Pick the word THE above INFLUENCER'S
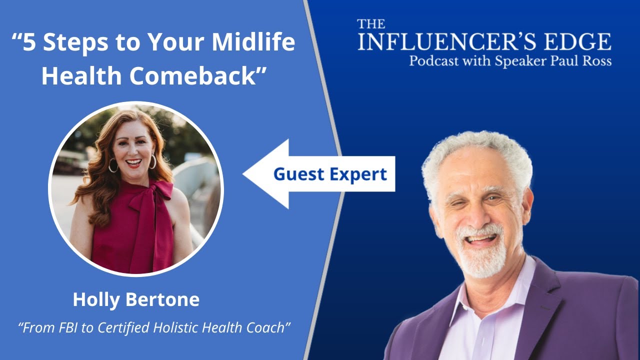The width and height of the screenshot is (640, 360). point(371,24)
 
